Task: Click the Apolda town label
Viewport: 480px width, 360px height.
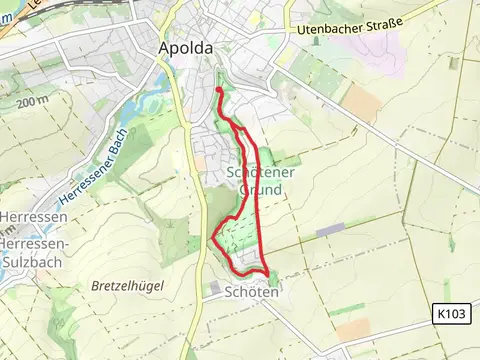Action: click(x=183, y=47)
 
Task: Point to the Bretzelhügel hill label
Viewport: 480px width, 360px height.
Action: click(x=127, y=285)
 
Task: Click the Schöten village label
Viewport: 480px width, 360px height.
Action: click(x=245, y=292)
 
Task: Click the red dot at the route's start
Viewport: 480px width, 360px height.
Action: click(x=219, y=90)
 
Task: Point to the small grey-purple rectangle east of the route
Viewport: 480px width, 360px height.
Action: click(x=330, y=230)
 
